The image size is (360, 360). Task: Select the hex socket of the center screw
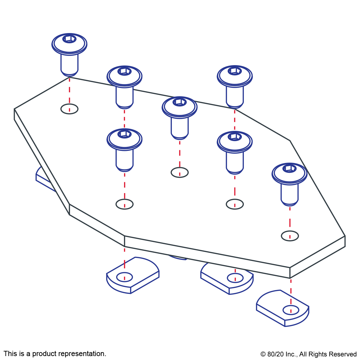[179, 102]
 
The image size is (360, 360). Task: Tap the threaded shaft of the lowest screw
[290, 195]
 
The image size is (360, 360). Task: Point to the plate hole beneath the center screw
[180, 172]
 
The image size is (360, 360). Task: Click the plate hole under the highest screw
[69, 109]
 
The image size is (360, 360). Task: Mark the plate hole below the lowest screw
[290, 236]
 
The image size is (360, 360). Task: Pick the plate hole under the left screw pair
[125, 204]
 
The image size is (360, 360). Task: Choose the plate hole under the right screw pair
[235, 204]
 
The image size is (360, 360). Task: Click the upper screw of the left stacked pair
[124, 85]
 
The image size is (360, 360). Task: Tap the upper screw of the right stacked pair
[235, 85]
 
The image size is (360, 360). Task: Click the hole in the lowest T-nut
[291, 310]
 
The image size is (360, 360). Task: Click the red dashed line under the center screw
[180, 154]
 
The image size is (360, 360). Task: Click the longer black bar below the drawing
[55, 354]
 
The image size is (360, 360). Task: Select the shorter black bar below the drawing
[308, 355]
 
